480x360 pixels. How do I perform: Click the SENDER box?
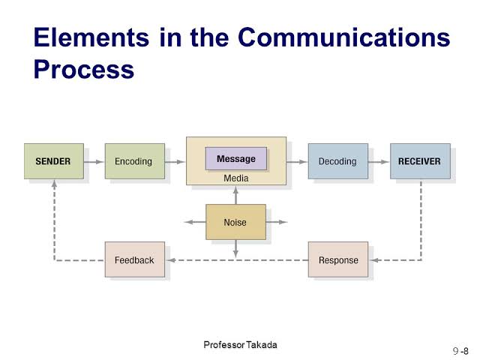click(x=54, y=161)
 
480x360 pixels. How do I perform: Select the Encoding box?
click(x=135, y=161)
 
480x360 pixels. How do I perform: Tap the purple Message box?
click(x=236, y=158)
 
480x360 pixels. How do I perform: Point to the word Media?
click(x=235, y=178)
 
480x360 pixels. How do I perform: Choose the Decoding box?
click(x=338, y=161)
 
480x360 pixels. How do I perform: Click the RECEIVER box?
click(x=420, y=161)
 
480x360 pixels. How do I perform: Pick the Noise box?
click(x=235, y=222)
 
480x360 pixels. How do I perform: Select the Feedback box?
click(x=135, y=259)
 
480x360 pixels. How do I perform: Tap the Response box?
click(x=338, y=259)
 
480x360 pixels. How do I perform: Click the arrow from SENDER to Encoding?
click(x=94, y=162)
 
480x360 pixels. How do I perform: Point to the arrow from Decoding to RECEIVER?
click(x=379, y=162)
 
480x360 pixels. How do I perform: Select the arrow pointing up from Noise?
click(x=235, y=195)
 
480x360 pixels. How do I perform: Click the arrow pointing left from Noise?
click(x=195, y=222)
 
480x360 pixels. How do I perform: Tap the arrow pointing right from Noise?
click(x=277, y=222)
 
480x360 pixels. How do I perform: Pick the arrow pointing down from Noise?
click(x=235, y=248)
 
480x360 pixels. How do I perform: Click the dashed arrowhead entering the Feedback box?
click(x=171, y=260)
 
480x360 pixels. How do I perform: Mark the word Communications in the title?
click(x=343, y=37)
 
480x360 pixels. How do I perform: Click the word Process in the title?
click(x=84, y=70)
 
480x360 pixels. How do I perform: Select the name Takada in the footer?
click(x=262, y=345)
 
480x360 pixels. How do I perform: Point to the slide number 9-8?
click(x=460, y=351)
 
